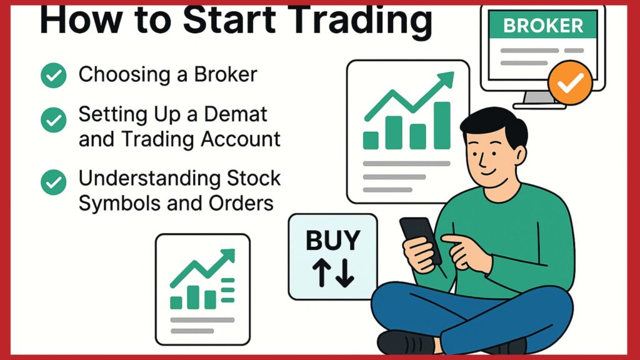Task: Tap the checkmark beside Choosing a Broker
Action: click(54, 76)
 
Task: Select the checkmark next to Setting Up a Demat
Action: click(54, 119)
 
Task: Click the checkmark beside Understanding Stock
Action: click(54, 182)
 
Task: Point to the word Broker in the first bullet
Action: click(225, 74)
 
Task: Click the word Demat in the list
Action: click(236, 114)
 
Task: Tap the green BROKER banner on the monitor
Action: click(543, 25)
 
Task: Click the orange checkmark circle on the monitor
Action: click(570, 83)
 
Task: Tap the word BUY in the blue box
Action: click(333, 240)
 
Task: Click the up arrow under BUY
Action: click(322, 272)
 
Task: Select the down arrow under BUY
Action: click(345, 272)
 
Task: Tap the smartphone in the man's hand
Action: click(420, 240)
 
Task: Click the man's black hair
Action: click(494, 123)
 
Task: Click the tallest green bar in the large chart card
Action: click(442, 125)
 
